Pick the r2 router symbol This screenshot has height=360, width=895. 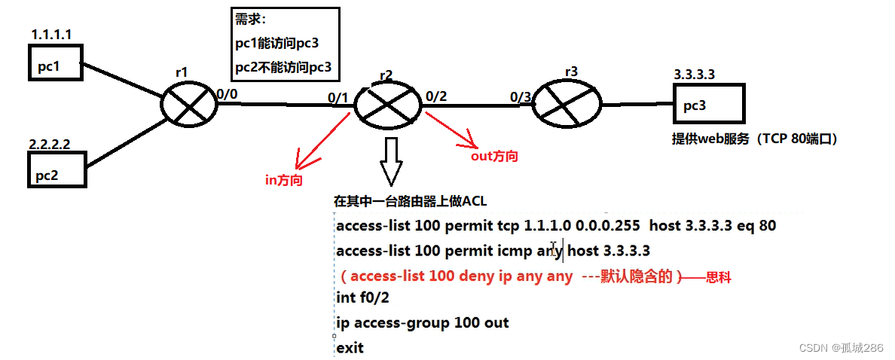coord(387,104)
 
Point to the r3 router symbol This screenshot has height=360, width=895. coord(566,103)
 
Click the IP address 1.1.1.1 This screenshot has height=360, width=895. coord(51,35)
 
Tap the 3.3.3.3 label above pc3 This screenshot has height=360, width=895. coord(695,74)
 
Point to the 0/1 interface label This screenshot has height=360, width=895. coord(338,97)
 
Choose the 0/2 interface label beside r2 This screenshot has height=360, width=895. coord(436,96)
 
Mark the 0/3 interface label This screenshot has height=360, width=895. coord(520,97)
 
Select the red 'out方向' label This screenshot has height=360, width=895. coord(495,156)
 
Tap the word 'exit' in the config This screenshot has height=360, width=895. coord(350,348)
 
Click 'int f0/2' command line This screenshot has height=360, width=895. coord(363,298)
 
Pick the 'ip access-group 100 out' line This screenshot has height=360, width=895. coord(422,323)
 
